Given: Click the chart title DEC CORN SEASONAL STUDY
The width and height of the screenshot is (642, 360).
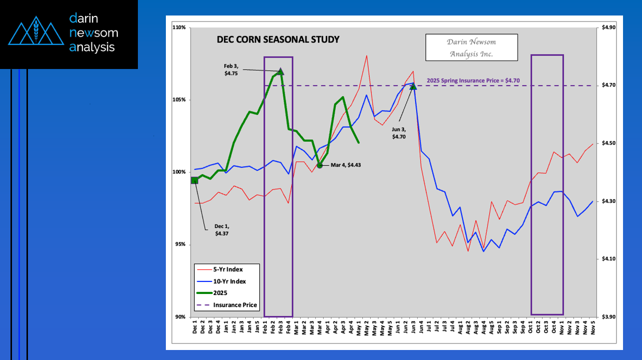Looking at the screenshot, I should pyautogui.click(x=278, y=39).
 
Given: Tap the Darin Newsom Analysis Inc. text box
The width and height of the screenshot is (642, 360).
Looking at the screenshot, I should pyautogui.click(x=471, y=47).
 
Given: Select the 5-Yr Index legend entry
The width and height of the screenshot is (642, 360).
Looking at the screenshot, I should pyautogui.click(x=227, y=269).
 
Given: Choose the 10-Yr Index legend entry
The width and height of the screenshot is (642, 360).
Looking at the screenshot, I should pyautogui.click(x=229, y=281).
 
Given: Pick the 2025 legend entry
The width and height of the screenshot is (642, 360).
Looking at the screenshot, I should pyautogui.click(x=220, y=293).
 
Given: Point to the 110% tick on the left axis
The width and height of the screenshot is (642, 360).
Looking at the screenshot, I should pyautogui.click(x=179, y=27).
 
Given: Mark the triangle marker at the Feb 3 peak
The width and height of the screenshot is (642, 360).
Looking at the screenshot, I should pyautogui.click(x=281, y=72).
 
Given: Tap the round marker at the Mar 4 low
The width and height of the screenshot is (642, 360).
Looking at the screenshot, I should pyautogui.click(x=320, y=164).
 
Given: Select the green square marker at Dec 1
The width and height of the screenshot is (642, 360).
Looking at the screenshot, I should pyautogui.click(x=194, y=180).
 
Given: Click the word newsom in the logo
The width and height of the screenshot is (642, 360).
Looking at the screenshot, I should pyautogui.click(x=94, y=33).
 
